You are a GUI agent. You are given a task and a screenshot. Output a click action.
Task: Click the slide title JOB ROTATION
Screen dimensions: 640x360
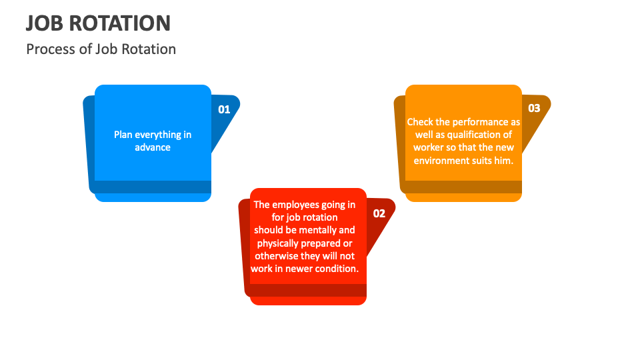pyautogui.click(x=98, y=23)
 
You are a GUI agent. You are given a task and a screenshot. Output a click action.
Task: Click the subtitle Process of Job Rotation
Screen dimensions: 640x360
pyautogui.click(x=101, y=49)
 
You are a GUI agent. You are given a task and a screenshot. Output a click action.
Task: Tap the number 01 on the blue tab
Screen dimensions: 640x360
pyautogui.click(x=224, y=109)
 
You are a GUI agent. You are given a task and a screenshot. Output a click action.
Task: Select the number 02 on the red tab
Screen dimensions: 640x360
pyautogui.click(x=379, y=213)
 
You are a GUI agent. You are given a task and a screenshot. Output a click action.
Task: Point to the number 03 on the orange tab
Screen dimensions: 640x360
pyautogui.click(x=534, y=108)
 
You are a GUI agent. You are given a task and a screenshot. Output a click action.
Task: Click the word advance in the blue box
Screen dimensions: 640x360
pyautogui.click(x=153, y=147)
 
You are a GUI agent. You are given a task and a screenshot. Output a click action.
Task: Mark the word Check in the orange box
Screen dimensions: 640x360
pyautogui.click(x=420, y=122)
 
